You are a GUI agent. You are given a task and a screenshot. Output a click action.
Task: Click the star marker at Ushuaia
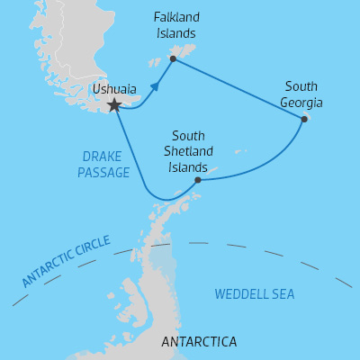[x=114, y=105]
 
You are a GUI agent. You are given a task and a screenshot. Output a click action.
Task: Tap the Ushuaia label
[x=114, y=90]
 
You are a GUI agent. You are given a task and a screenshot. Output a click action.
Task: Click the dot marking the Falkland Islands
[x=173, y=59]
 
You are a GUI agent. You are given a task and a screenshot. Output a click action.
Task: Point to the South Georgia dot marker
[x=304, y=119]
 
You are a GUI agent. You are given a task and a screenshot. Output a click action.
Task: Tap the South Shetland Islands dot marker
[x=198, y=179]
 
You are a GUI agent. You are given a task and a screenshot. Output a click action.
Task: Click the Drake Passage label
[x=103, y=164]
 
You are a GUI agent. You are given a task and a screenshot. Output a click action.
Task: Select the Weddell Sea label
[x=255, y=294]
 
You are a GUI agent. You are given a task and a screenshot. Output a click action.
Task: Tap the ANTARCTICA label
[x=198, y=342]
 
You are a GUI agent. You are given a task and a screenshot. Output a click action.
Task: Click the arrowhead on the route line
[x=156, y=86]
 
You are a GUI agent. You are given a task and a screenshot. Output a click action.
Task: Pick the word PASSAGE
[x=103, y=172]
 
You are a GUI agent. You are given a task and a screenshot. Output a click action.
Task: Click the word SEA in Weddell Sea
[x=283, y=294]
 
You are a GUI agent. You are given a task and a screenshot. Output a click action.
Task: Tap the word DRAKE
[x=103, y=156]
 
